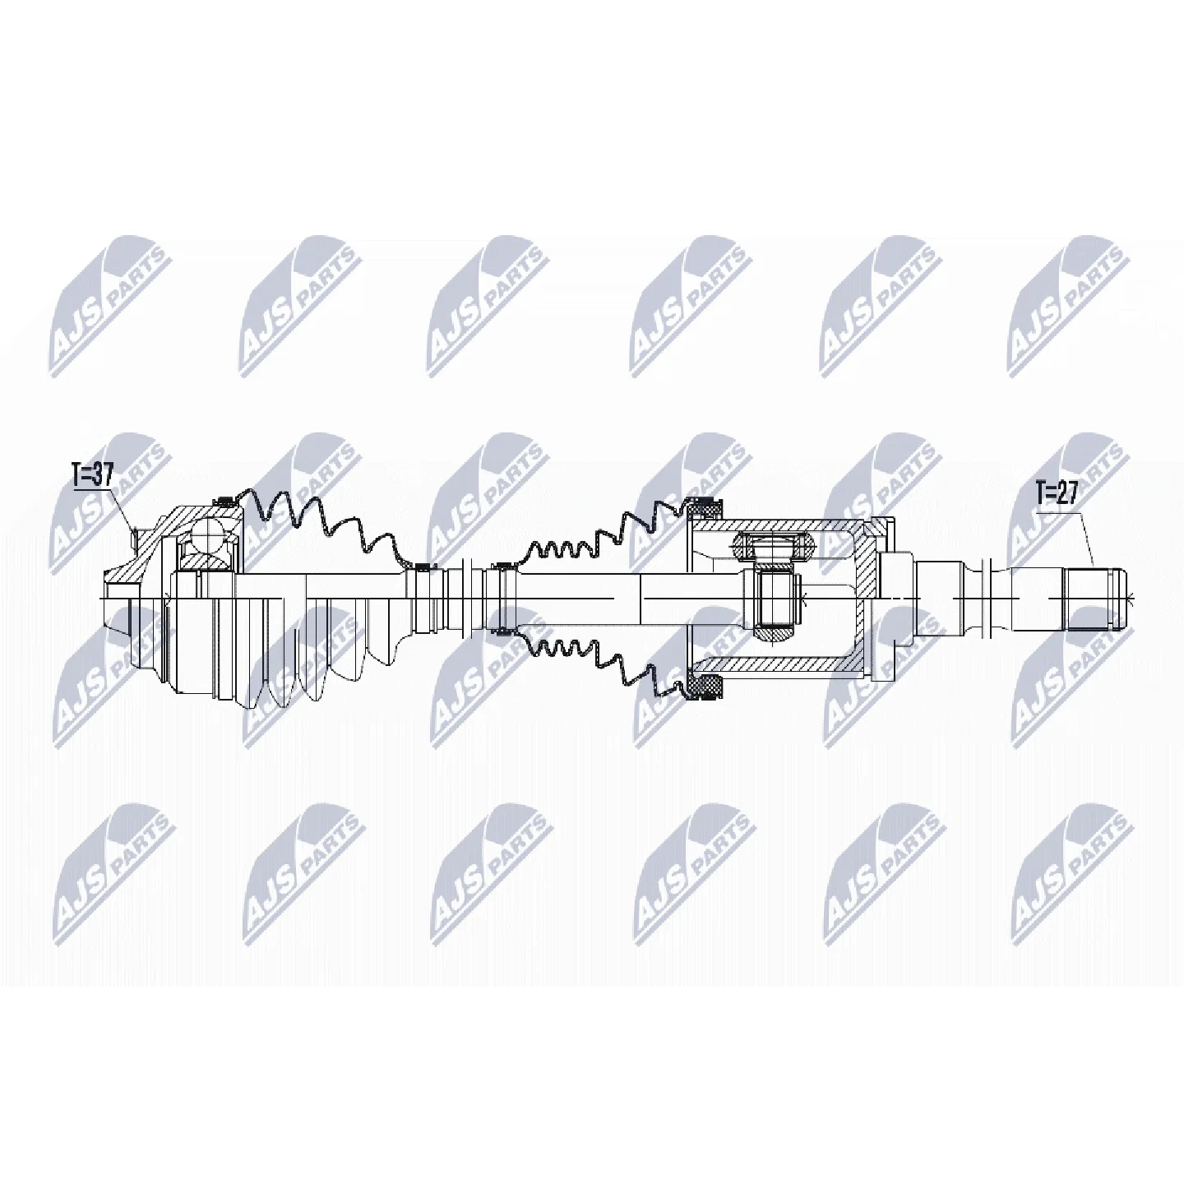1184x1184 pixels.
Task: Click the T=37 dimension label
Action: click(x=93, y=476)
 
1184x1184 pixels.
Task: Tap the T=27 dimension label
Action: click(x=1057, y=493)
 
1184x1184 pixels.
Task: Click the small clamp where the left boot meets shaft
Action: click(x=422, y=567)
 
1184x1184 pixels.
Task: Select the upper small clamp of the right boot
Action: click(x=502, y=567)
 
